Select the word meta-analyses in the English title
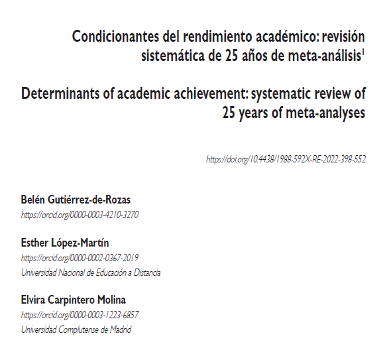click(x=326, y=112)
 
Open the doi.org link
click(x=286, y=160)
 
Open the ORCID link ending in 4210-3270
click(x=80, y=215)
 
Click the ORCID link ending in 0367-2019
click(x=80, y=257)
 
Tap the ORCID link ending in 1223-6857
click(x=80, y=315)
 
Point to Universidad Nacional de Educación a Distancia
click(x=91, y=272)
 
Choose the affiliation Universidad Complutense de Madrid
click(x=76, y=330)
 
